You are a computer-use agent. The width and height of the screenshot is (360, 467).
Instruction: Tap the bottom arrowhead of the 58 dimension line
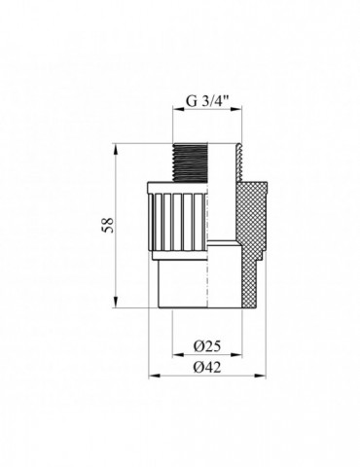(118, 304)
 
